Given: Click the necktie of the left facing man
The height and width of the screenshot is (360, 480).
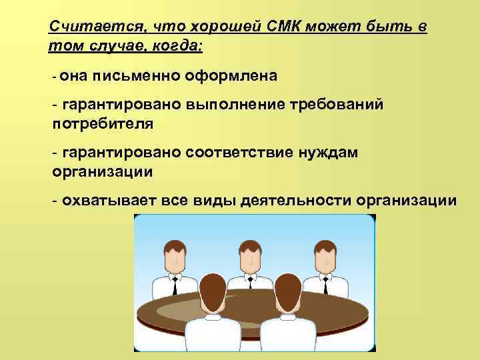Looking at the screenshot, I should [x=175, y=286].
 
